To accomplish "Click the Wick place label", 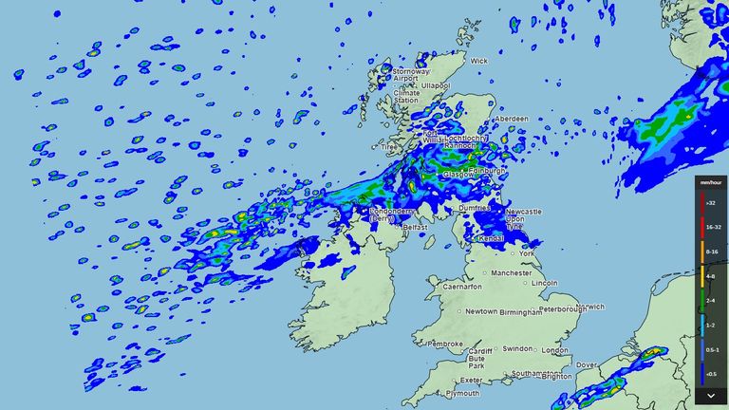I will tap(478, 61).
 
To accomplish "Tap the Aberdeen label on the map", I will tap(512, 119).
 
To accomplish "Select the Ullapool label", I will tap(436, 84).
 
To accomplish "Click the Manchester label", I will tap(512, 272).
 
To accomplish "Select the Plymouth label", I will tap(464, 392).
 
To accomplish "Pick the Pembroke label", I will tap(445, 344).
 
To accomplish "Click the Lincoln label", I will tap(545, 284).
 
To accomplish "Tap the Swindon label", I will tap(518, 348).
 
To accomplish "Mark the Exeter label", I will tap(473, 380).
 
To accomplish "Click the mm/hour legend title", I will tap(709, 181).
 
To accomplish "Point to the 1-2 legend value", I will tap(712, 325).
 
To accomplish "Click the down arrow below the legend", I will tap(709, 394).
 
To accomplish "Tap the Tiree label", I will tap(389, 147).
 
